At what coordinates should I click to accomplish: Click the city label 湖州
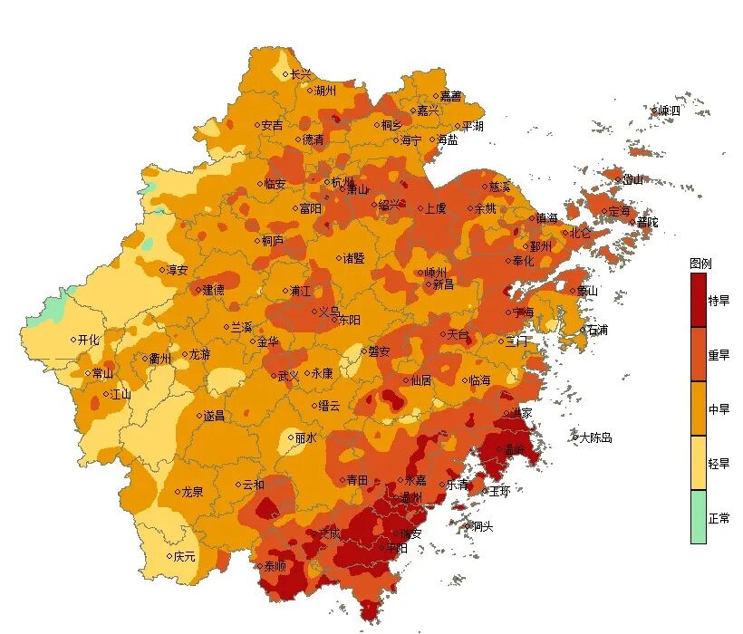325,91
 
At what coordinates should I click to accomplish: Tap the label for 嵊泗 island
669,110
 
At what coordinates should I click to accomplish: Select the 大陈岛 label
595,437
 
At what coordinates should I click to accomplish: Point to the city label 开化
89,340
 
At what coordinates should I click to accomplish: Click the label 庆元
184,556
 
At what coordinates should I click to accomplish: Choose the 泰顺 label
275,566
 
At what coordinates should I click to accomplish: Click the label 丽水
305,437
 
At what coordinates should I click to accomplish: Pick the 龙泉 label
192,492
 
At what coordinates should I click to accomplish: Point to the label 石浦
597,330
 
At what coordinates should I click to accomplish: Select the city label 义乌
329,311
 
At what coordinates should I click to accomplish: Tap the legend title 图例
700,264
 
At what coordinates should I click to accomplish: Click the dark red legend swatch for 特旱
698,300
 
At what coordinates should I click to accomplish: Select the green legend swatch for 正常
698,517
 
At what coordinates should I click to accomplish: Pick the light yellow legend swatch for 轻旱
698,463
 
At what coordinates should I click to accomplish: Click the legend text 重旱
719,355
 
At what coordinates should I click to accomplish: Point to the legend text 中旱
719,409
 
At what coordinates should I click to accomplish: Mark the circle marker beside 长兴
285,74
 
